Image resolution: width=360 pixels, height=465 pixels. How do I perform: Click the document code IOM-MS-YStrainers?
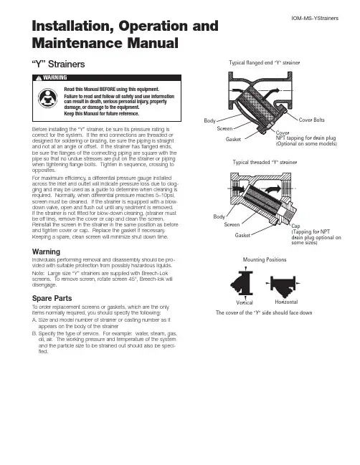[x=315, y=18]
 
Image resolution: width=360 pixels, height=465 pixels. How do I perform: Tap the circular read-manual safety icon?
[x=47, y=98]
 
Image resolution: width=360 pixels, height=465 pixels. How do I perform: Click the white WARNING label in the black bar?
[x=55, y=77]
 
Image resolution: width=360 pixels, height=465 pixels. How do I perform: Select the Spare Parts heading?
[x=52, y=298]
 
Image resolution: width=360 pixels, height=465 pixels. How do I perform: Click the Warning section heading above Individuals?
[x=46, y=251]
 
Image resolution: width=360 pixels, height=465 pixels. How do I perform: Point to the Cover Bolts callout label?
[x=312, y=120]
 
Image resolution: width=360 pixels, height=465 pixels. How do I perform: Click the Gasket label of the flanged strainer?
[x=233, y=139]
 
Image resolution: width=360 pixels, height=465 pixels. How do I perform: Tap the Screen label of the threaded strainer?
[x=232, y=224]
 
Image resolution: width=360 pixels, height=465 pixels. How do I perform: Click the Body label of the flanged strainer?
[x=209, y=120]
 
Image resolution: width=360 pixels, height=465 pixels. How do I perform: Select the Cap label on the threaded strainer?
[x=295, y=226]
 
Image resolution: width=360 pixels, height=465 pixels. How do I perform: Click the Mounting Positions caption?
[x=265, y=259]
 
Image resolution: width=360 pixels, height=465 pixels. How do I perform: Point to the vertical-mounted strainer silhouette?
[x=242, y=283]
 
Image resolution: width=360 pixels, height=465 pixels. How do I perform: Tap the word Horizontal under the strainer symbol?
[x=286, y=302]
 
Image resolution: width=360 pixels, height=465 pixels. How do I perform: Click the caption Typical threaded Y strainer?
[x=265, y=162]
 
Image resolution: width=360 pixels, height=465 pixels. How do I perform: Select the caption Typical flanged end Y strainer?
[x=265, y=62]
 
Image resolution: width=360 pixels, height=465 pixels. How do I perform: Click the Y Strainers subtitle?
[x=59, y=64]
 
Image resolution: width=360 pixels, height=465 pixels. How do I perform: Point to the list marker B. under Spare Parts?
[x=34, y=333]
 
